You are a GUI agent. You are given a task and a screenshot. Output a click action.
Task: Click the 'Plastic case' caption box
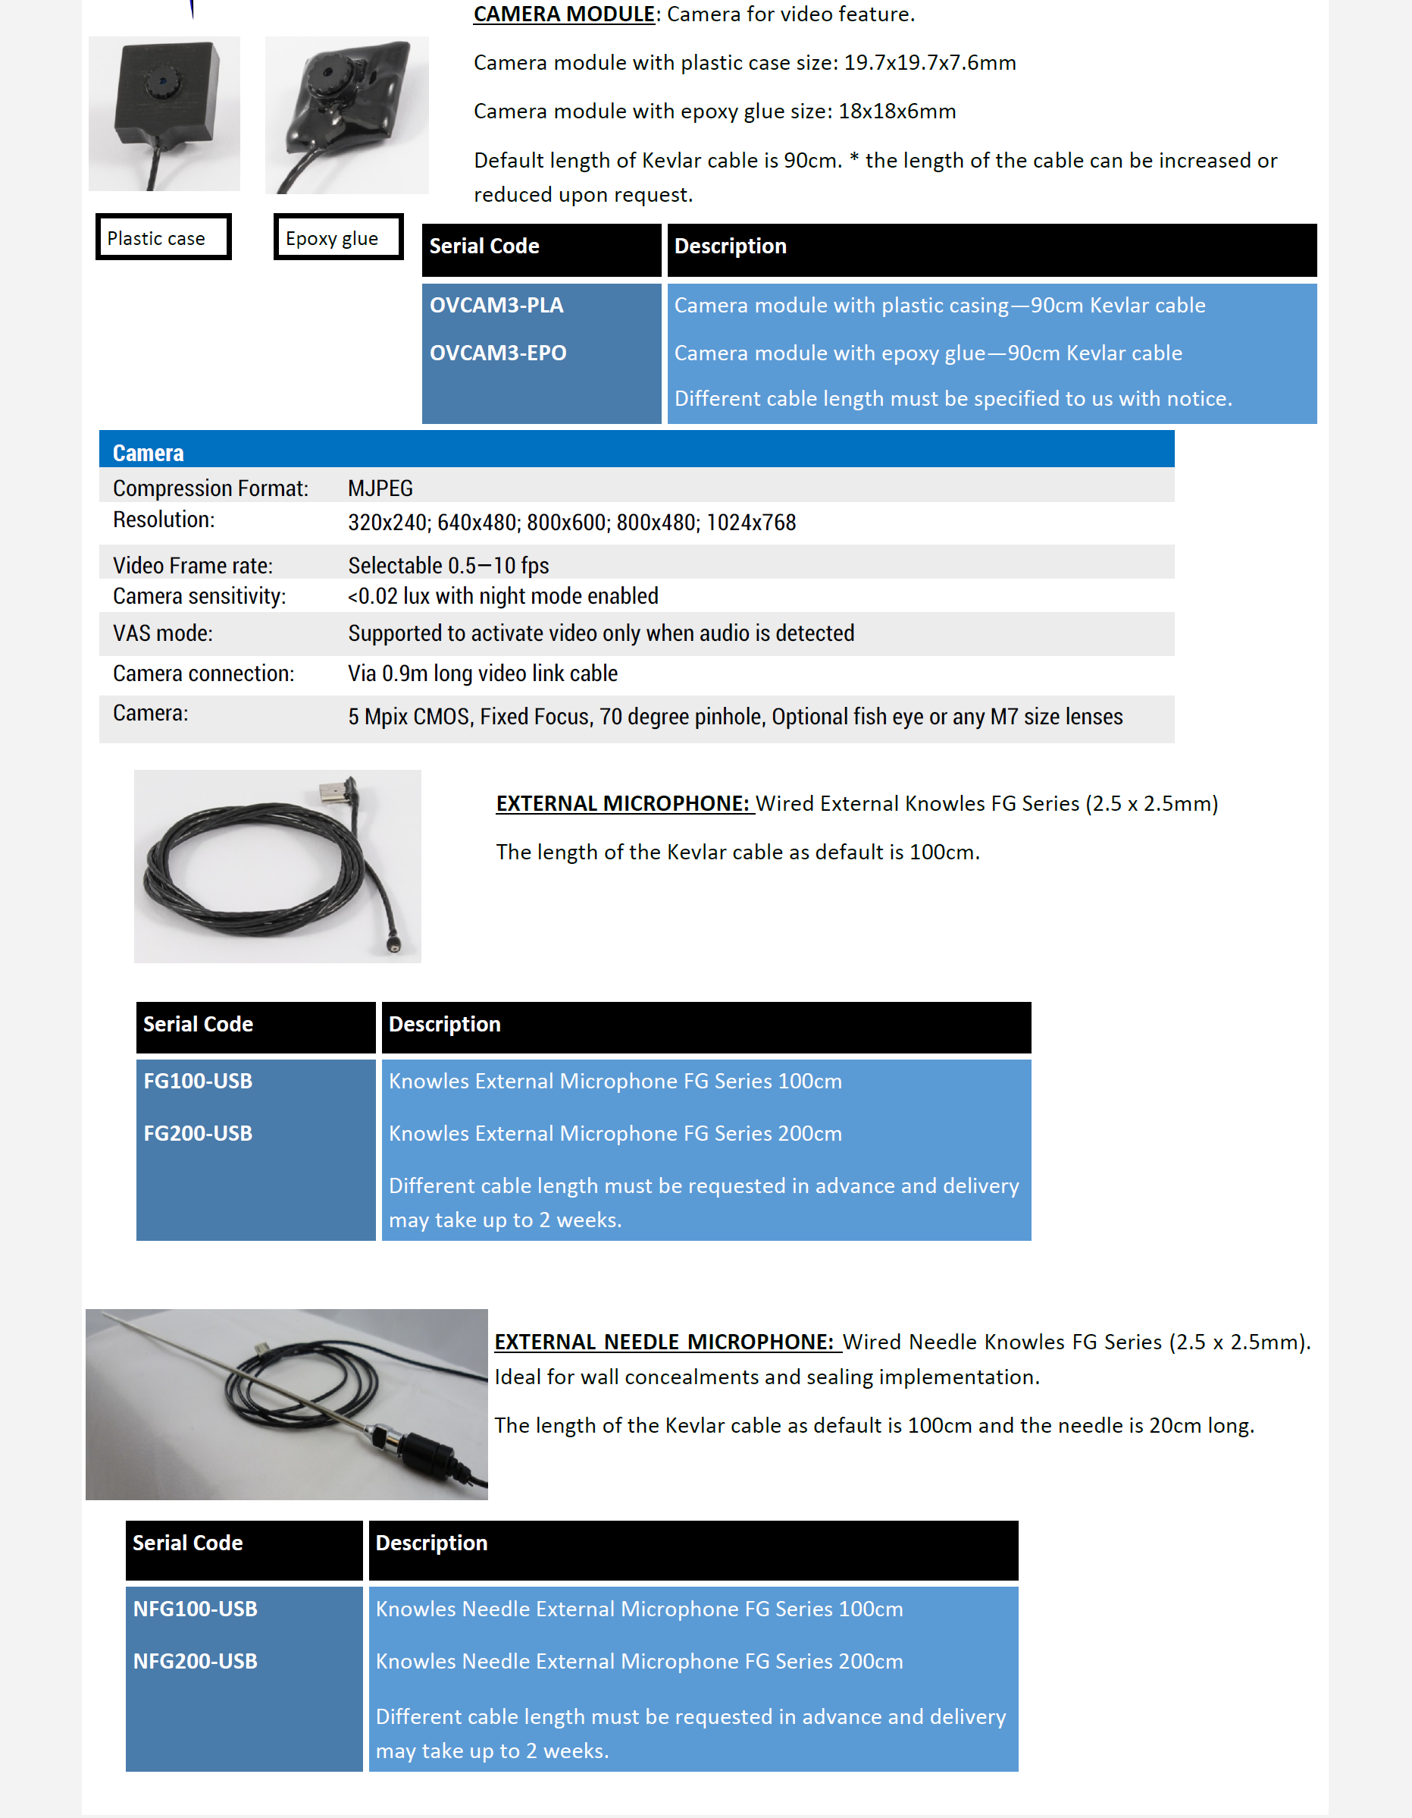coord(163,238)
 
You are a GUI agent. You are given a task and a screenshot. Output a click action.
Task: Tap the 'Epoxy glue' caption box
coord(338,238)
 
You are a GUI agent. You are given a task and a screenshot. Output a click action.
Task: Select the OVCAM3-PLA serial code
coord(496,306)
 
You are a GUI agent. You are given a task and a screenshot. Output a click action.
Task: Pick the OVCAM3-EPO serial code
coord(497,353)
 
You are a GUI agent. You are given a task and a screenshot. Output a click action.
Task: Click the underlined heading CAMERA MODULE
coord(563,14)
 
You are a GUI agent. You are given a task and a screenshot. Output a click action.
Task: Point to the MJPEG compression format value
coord(380,488)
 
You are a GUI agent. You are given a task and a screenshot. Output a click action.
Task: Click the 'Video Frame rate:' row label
coord(193,565)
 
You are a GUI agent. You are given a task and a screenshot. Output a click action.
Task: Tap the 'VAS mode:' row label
coord(163,633)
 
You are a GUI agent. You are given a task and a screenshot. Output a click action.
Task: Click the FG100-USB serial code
coord(197,1081)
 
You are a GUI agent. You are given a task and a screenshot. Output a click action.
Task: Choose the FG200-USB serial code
coord(197,1133)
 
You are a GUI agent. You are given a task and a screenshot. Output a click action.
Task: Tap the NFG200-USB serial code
coord(195,1661)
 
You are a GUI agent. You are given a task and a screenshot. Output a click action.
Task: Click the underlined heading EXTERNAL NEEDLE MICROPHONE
coord(663,1342)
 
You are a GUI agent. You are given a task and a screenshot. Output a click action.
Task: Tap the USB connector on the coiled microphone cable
coord(340,788)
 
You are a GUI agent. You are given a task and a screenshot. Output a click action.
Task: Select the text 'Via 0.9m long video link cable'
coord(483,674)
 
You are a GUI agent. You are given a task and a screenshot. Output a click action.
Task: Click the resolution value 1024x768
coord(750,523)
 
